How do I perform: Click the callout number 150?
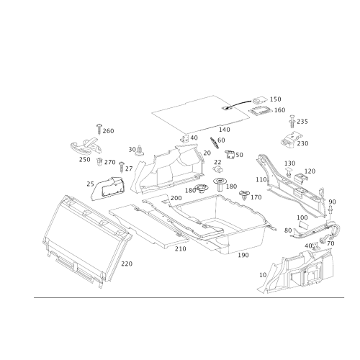(x=275, y=99)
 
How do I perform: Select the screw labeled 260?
(x=99, y=129)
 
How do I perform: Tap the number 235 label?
(x=302, y=122)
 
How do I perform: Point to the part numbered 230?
(x=290, y=139)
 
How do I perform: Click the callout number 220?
(x=127, y=264)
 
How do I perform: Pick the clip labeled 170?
(x=245, y=195)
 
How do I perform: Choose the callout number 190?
(x=243, y=255)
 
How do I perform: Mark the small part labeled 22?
(x=218, y=169)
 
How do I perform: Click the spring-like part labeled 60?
(x=214, y=143)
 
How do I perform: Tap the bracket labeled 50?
(x=230, y=155)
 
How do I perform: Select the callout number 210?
(x=180, y=249)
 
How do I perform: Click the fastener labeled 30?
(x=140, y=151)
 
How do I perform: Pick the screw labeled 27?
(x=122, y=167)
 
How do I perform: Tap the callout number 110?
(x=261, y=179)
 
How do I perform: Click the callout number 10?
(x=263, y=275)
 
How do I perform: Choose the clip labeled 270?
(x=99, y=162)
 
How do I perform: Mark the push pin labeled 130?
(x=289, y=172)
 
